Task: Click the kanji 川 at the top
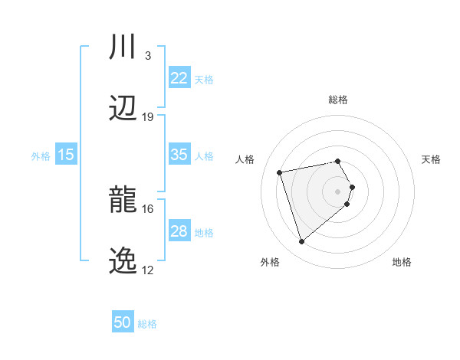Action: coord(123,47)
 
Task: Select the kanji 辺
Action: coord(123,108)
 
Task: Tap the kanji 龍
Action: coord(123,200)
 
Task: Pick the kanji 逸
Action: coord(123,261)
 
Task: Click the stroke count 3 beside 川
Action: coord(147,55)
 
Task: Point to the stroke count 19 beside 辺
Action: coord(148,116)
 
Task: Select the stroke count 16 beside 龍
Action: coord(148,208)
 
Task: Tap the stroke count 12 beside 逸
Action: coord(148,270)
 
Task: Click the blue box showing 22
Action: coord(179,78)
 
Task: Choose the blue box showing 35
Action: coord(179,155)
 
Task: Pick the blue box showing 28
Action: coord(179,231)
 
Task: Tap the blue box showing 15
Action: coord(66,155)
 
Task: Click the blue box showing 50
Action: coord(123,322)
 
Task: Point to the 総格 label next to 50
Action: coord(147,324)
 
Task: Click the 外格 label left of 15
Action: coord(41,156)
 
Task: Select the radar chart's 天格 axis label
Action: coord(431,159)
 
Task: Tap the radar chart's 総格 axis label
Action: coord(338,100)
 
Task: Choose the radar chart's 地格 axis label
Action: coord(402,262)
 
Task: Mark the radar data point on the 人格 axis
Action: coord(280,172)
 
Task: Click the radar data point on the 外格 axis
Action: coord(301,242)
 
